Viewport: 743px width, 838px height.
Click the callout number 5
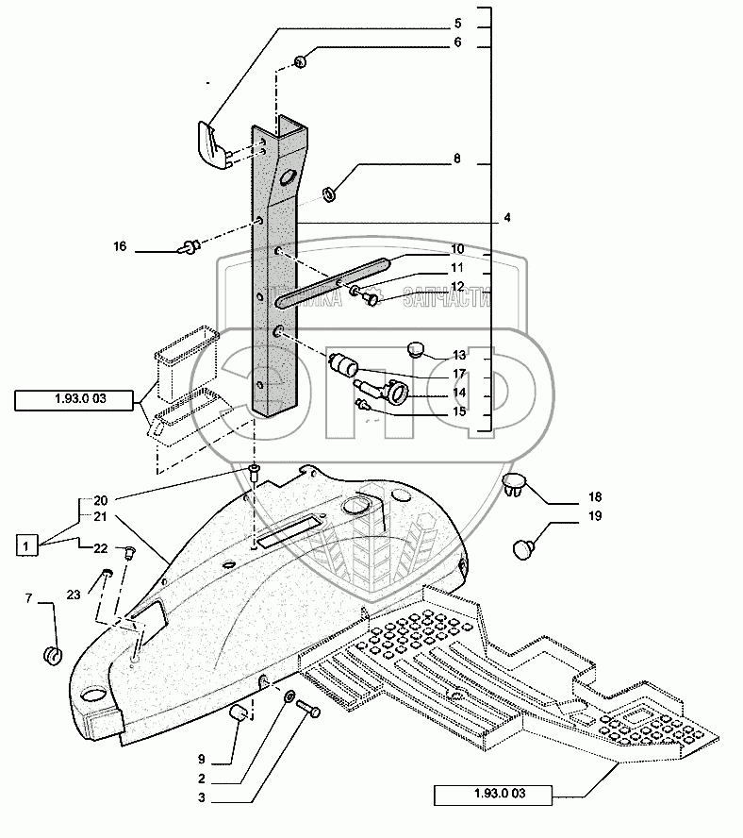click(x=456, y=23)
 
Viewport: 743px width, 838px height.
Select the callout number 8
click(x=456, y=159)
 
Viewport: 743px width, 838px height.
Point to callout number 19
click(x=595, y=516)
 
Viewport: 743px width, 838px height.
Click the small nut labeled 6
click(x=301, y=63)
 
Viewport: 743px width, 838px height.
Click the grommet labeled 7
click(x=55, y=653)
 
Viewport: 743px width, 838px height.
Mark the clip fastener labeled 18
click(x=514, y=484)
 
